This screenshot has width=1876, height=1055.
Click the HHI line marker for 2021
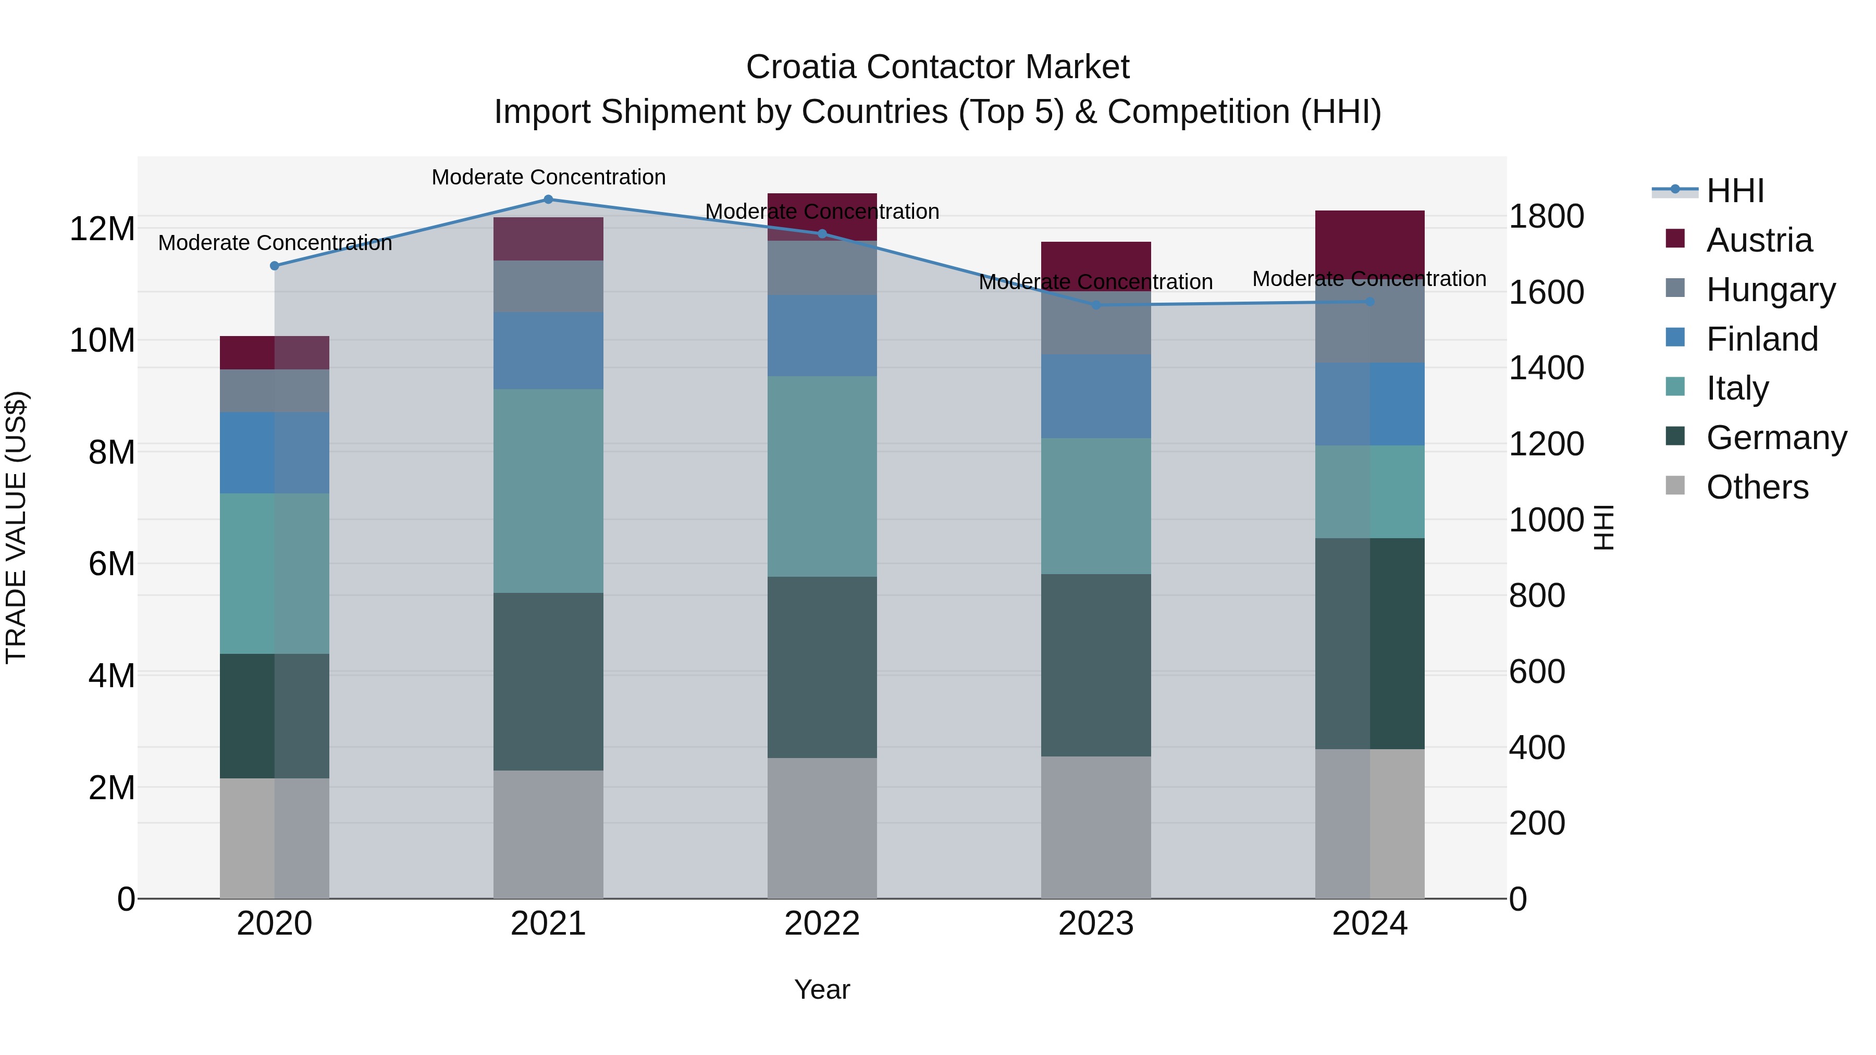pos(548,200)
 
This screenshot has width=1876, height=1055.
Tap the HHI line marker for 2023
pos(1096,305)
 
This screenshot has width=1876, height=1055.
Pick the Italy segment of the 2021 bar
pos(548,491)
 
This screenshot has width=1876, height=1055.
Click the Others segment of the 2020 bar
pos(275,838)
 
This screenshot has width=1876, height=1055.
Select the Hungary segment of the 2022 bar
pos(822,268)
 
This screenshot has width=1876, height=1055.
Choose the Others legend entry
pos(1757,487)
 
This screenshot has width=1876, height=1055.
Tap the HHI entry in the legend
pos(1735,191)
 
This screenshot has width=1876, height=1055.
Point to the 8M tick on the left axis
pos(112,452)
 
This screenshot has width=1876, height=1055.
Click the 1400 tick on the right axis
pos(1546,368)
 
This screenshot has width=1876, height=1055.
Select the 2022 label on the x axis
pos(822,924)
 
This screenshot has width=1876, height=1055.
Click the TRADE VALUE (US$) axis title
pos(16,527)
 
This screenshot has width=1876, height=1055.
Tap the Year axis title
pos(822,989)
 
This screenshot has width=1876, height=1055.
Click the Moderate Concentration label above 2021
pos(548,177)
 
